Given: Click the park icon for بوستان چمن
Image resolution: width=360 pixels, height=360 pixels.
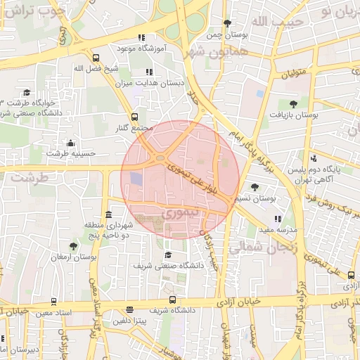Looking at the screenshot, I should (x=226, y=23).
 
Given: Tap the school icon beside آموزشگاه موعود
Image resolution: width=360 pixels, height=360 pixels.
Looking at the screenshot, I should (x=141, y=37).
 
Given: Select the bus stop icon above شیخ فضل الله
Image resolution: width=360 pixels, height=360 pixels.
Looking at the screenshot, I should (x=96, y=58).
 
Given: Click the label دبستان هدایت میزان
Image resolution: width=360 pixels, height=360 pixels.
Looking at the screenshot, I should (x=148, y=82).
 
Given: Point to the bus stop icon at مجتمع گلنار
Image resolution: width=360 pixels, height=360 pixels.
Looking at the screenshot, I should (x=134, y=117).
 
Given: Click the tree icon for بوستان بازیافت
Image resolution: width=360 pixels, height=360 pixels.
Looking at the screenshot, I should (x=292, y=104).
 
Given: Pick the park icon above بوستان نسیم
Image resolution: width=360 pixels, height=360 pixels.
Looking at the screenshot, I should (x=254, y=187).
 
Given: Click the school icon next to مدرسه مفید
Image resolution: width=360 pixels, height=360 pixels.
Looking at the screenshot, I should (x=278, y=219).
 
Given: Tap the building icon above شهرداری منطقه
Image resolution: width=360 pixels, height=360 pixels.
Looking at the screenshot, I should (x=108, y=214).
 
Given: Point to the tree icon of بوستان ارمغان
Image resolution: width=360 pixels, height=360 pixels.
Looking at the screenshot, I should (x=73, y=246).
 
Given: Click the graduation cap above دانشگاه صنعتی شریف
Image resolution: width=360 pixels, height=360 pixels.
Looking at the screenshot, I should (x=167, y=255).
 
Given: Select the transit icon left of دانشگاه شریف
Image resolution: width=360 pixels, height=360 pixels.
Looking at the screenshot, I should (x=129, y=309).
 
